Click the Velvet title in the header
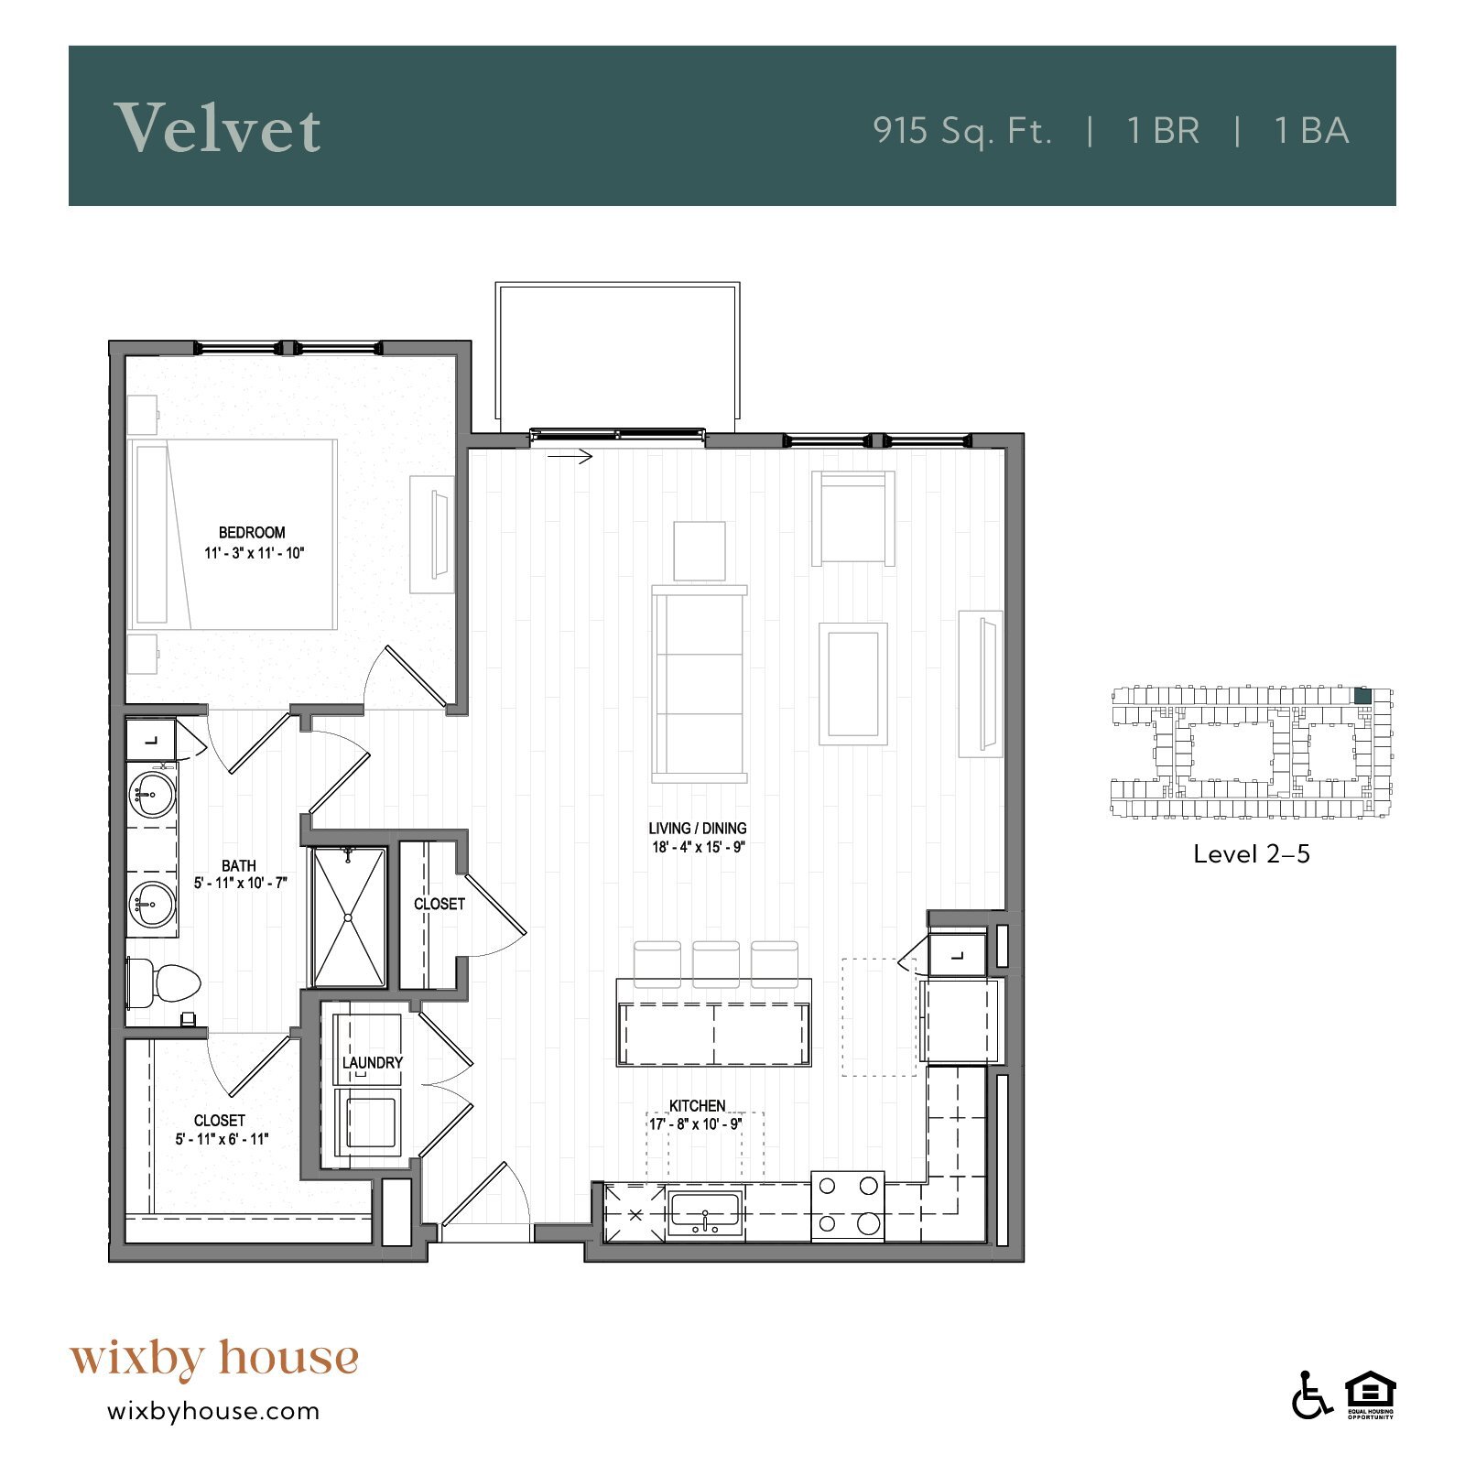217,128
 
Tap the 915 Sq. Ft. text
961,131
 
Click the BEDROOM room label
252,532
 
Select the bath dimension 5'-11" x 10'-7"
240,883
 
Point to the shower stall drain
348,917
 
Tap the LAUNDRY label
372,1062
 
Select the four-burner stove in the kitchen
847,1205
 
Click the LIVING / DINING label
698,828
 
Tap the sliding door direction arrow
571,456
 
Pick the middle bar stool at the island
715,963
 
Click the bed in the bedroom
234,534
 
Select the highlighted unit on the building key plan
1362,696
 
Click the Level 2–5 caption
1251,854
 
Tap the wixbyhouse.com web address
213,1411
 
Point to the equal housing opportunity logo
1370,1394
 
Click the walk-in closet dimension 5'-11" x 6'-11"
222,1139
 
